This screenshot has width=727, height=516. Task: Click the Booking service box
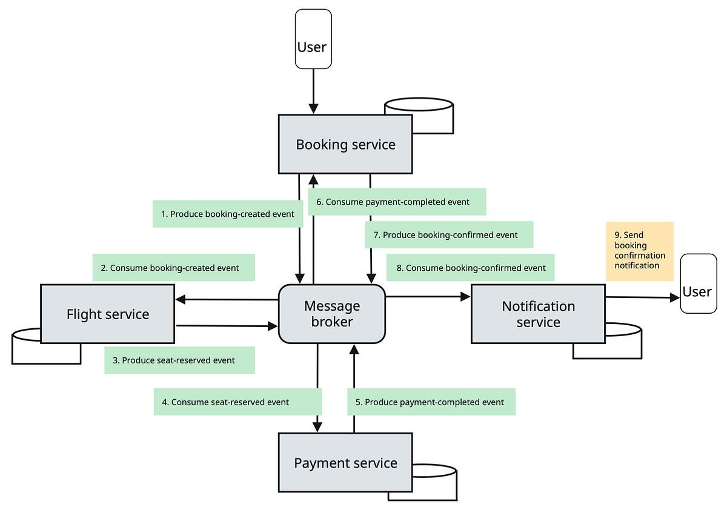345,144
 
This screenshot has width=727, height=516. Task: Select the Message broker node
331,314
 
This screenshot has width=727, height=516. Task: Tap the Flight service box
107,314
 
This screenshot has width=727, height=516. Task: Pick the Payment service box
345,463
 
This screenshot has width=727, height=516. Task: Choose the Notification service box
538,314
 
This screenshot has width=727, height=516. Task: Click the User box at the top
312,39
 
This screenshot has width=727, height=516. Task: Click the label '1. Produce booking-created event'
228,214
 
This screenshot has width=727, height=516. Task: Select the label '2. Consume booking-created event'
174,268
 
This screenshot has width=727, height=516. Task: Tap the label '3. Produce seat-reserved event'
179,360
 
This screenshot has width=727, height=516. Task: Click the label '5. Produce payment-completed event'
431,402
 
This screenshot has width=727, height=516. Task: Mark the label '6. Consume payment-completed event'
397,202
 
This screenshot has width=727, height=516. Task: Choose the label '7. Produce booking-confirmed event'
449,235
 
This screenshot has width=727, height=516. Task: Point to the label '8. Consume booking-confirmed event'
470,268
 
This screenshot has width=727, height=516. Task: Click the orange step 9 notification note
640,251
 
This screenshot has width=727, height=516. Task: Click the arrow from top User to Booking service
313,91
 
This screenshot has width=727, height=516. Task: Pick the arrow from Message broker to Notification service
428,297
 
